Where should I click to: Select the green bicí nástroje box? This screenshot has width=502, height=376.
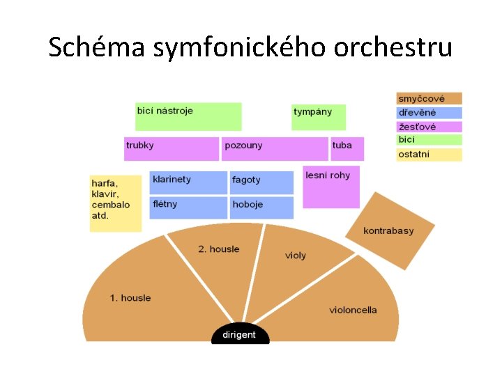click(x=188, y=116)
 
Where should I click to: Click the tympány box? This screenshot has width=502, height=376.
click(x=318, y=116)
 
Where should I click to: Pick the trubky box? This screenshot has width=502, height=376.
click(x=171, y=148)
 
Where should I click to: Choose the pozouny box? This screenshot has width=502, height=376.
click(x=275, y=148)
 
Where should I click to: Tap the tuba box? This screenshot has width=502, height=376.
click(x=347, y=148)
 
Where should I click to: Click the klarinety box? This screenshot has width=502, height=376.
click(x=188, y=182)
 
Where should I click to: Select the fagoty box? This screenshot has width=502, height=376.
click(x=261, y=182)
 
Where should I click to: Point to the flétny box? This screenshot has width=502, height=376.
click(x=188, y=207)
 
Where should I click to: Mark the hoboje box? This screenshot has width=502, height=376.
click(x=261, y=207)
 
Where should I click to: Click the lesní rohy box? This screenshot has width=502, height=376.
click(x=331, y=186)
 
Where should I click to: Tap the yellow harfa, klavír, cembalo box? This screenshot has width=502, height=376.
click(x=115, y=203)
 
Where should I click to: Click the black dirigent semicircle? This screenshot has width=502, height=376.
click(x=240, y=334)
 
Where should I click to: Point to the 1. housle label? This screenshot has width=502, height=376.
click(x=130, y=298)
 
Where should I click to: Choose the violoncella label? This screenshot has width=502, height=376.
click(x=353, y=310)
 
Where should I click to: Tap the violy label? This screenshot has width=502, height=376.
click(x=296, y=256)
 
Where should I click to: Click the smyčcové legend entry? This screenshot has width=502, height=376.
click(x=429, y=99)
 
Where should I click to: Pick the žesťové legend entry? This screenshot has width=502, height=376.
click(x=429, y=127)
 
